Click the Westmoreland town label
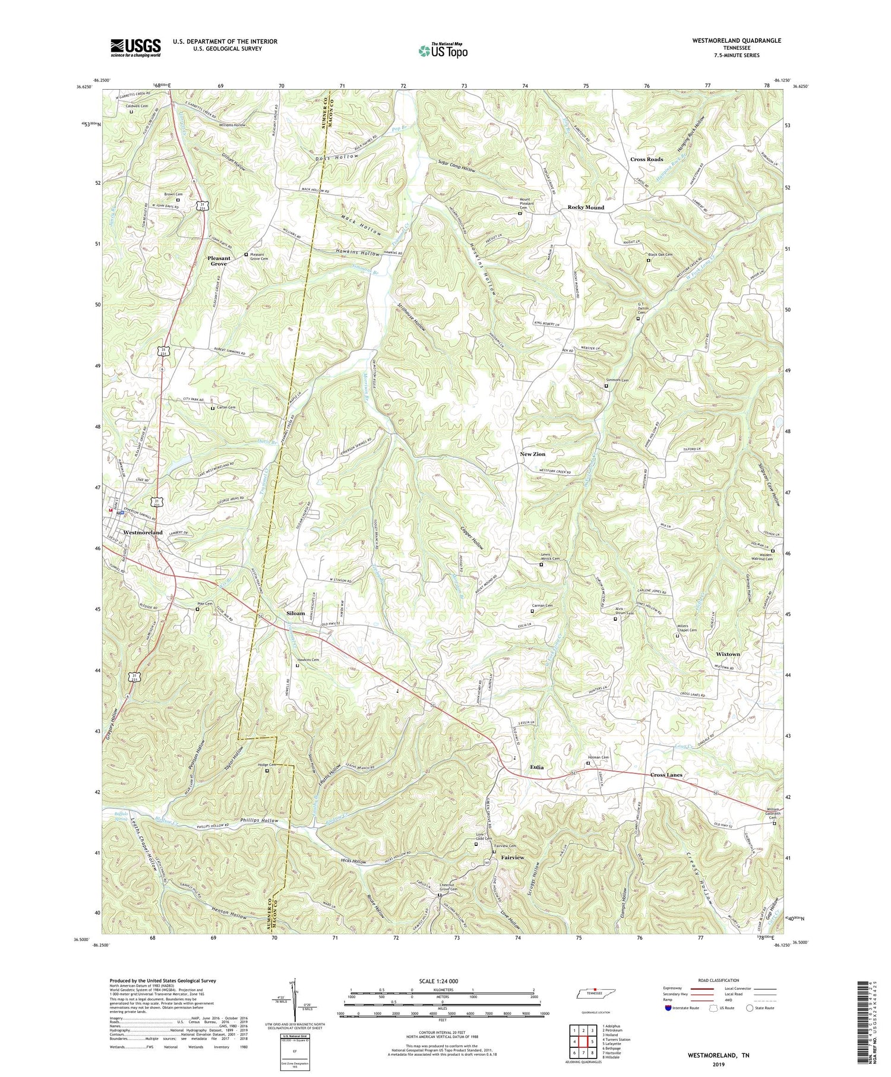[x=143, y=532]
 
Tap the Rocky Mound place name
[x=586, y=207]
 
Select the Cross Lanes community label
[x=666, y=775]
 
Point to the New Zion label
[x=532, y=454]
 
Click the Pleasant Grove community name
[x=217, y=261]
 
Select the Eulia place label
[x=536, y=767]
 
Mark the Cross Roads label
[x=646, y=159]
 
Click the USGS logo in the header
[x=135, y=48]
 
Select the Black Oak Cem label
[x=662, y=255]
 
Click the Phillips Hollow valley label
[x=260, y=821]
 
